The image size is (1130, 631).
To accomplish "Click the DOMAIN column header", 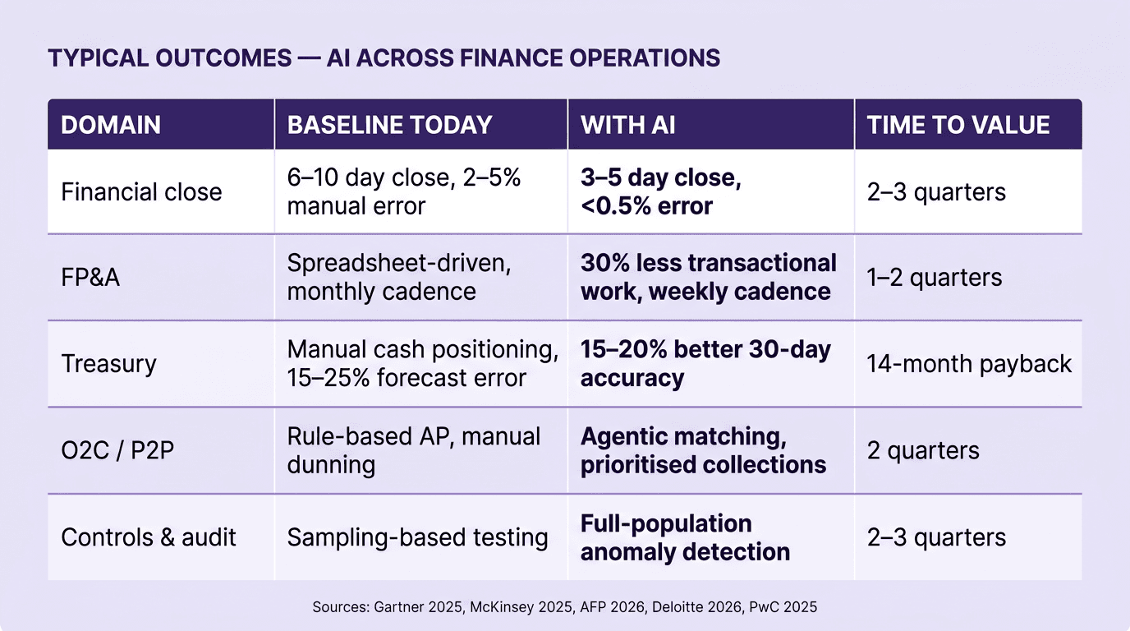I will pos(111,125).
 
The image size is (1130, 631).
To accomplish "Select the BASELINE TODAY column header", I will pos(389,125).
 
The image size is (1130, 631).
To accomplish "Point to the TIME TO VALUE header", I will pos(958,125).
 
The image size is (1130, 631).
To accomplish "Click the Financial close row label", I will pos(141,192).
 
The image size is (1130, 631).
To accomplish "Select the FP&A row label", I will pos(90,278).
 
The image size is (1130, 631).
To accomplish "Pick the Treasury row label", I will pos(108,364).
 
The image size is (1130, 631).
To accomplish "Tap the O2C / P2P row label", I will pos(117,450).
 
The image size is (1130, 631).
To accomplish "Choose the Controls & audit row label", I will pos(149,537).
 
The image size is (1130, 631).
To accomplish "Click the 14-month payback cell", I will pos(969,364).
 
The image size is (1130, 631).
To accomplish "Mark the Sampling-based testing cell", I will pos(417,537).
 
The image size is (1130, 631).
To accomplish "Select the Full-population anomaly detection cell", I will pos(685,537).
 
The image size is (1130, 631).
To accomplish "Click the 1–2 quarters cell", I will pos(935,278).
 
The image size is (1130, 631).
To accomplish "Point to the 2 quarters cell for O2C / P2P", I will pos(923,450).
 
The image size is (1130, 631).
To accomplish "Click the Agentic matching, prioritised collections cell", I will pos(703,450).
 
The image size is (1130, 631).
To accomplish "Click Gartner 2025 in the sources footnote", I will pos(410,607).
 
